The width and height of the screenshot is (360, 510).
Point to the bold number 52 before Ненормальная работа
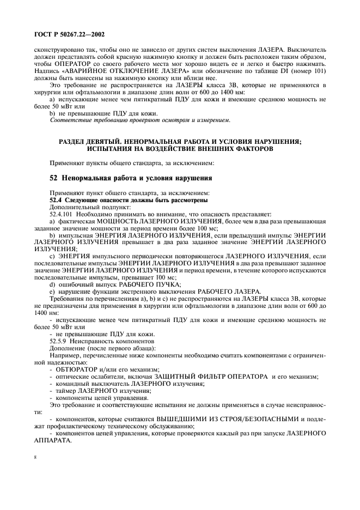pyautogui.click(x=54, y=178)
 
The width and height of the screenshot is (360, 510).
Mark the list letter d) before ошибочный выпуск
pyautogui.click(x=53, y=284)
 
